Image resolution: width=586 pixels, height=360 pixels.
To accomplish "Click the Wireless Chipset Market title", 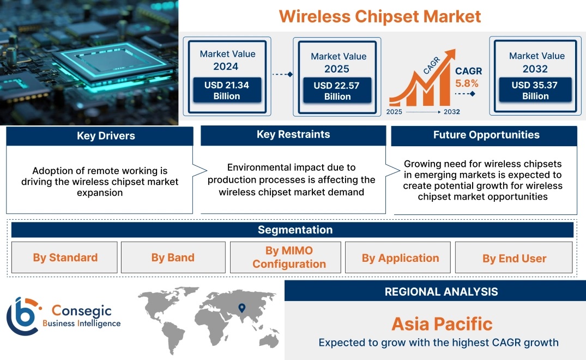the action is point(380,17).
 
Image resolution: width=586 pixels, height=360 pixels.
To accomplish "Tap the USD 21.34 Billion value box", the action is point(227,91).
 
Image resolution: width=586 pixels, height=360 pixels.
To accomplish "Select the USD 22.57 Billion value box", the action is point(337,91).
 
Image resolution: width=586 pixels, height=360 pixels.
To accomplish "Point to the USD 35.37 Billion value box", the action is point(535,91).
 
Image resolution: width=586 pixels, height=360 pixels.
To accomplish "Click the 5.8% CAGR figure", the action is point(467,83).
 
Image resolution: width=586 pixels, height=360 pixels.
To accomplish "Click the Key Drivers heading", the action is point(106,136).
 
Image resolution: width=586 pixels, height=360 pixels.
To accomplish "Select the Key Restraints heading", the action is point(293,135).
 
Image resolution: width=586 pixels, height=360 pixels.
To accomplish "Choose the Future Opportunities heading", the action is point(486,135).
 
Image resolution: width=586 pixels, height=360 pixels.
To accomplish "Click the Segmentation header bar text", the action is point(295,230).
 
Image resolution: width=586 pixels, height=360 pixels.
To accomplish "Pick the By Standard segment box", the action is point(64,257).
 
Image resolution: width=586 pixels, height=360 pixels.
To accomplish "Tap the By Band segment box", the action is point(173,257).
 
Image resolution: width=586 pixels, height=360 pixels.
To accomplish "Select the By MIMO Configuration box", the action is point(286,257).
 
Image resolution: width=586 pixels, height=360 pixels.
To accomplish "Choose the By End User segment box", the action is point(514,257).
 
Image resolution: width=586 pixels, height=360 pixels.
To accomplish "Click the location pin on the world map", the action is point(242,308).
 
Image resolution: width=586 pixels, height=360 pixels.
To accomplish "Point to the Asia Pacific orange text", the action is point(442,324).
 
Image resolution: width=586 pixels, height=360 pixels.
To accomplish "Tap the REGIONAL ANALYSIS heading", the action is point(442,292).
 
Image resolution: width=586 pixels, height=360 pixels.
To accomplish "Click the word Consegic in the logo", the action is point(81,310).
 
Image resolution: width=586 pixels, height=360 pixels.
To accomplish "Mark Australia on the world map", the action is point(269,340).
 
